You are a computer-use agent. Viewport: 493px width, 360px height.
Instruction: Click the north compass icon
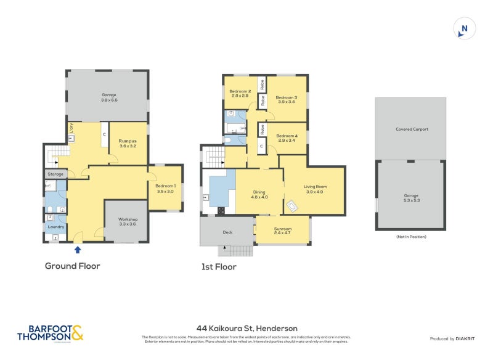pyautogui.click(x=465, y=28)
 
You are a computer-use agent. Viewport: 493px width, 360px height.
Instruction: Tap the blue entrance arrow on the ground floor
pyautogui.click(x=78, y=250)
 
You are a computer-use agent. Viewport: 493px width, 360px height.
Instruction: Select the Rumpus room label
pyautogui.click(x=128, y=143)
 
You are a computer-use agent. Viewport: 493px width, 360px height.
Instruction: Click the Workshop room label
pyautogui.click(x=128, y=221)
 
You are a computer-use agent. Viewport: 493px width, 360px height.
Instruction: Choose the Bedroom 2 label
pyautogui.click(x=240, y=93)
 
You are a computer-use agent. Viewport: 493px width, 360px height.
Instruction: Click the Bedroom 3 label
pyautogui.click(x=287, y=99)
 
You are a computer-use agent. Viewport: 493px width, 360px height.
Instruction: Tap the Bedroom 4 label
pyautogui.click(x=287, y=137)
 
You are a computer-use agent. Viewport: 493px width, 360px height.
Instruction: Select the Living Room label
pyautogui.click(x=314, y=189)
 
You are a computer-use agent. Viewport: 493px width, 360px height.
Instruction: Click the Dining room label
pyautogui.click(x=259, y=194)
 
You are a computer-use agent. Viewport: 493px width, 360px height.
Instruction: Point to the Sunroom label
pyautogui.click(x=283, y=231)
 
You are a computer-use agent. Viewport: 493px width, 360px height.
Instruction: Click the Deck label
pyautogui.click(x=227, y=232)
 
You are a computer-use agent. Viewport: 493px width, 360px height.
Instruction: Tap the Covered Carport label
pyautogui.click(x=412, y=129)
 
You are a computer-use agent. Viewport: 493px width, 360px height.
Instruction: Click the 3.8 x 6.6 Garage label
pyautogui.click(x=109, y=97)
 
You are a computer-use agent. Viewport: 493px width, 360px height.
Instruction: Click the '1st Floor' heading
pyautogui.click(x=219, y=267)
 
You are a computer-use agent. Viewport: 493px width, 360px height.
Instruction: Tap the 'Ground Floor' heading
pyautogui.click(x=72, y=266)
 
